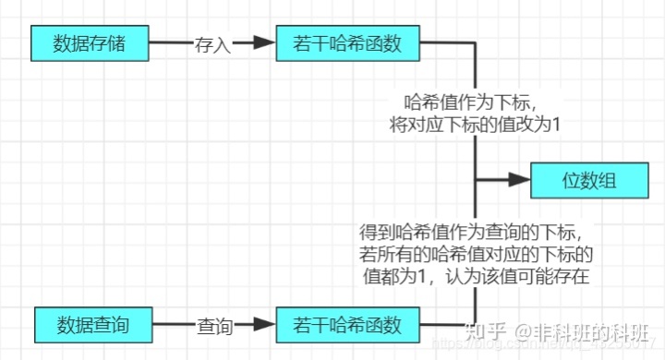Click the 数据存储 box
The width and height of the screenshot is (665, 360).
[x=90, y=42]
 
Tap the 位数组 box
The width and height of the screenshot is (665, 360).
[x=587, y=179]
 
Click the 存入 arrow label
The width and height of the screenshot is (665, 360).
[x=212, y=43]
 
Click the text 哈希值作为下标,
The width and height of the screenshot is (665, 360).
[x=474, y=102]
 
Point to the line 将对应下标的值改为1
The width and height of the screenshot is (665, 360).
[x=474, y=124]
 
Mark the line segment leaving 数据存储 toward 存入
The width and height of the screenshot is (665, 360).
[x=170, y=42]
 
